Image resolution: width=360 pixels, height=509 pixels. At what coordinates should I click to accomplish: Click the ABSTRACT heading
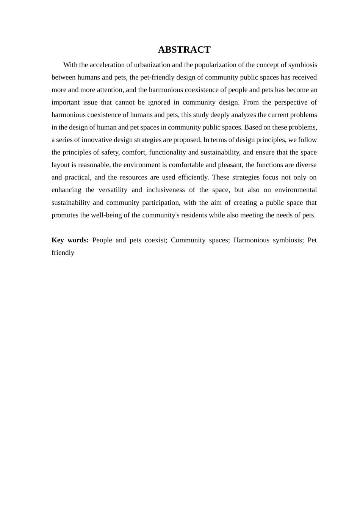click(x=184, y=50)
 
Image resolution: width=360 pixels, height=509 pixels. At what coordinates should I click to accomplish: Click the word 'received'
click(x=305, y=77)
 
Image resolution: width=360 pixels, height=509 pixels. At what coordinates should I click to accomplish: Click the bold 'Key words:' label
click(x=70, y=240)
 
